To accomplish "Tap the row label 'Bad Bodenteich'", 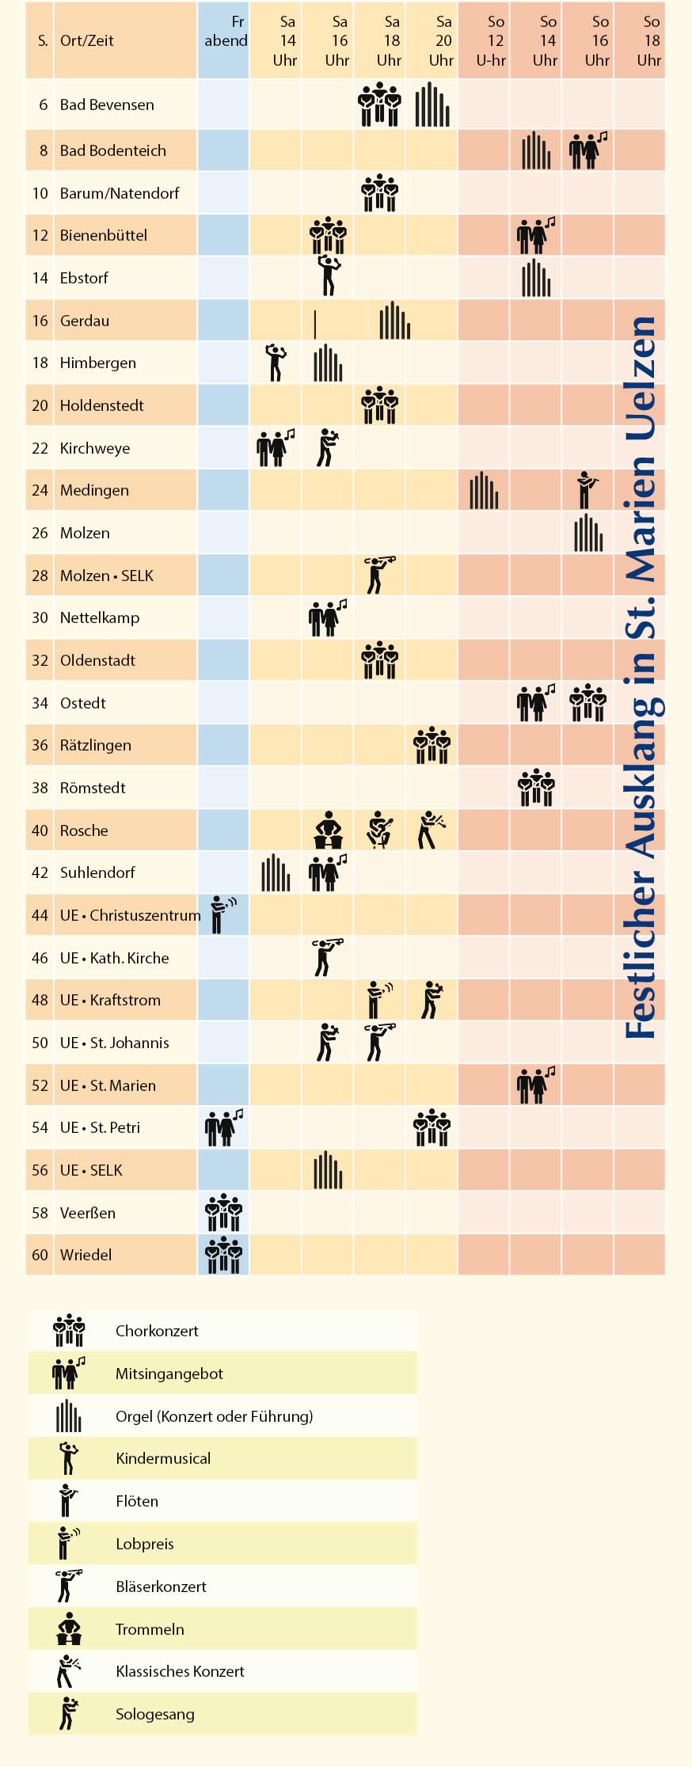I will point(112,150).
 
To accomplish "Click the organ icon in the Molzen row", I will point(588,533).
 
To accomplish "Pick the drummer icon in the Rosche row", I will point(328,830).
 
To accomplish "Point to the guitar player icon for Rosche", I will point(380,830).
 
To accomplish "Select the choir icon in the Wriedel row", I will point(223,1254).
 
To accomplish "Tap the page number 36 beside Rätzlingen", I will point(40,745).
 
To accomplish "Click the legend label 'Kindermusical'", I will point(163,1458).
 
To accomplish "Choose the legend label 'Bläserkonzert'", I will point(161,1586).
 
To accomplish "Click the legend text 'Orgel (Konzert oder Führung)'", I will point(214,1416).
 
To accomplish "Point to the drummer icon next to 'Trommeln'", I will point(69,1628).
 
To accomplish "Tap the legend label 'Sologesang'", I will point(154,1714).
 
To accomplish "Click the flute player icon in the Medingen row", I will point(586,490).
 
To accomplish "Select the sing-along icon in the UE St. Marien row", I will point(536,1085).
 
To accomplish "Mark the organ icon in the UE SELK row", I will point(328,1169).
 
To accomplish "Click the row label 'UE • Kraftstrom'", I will point(110,1000).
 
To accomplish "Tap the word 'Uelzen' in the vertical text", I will point(641,378).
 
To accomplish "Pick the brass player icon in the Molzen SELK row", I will point(379,575).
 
